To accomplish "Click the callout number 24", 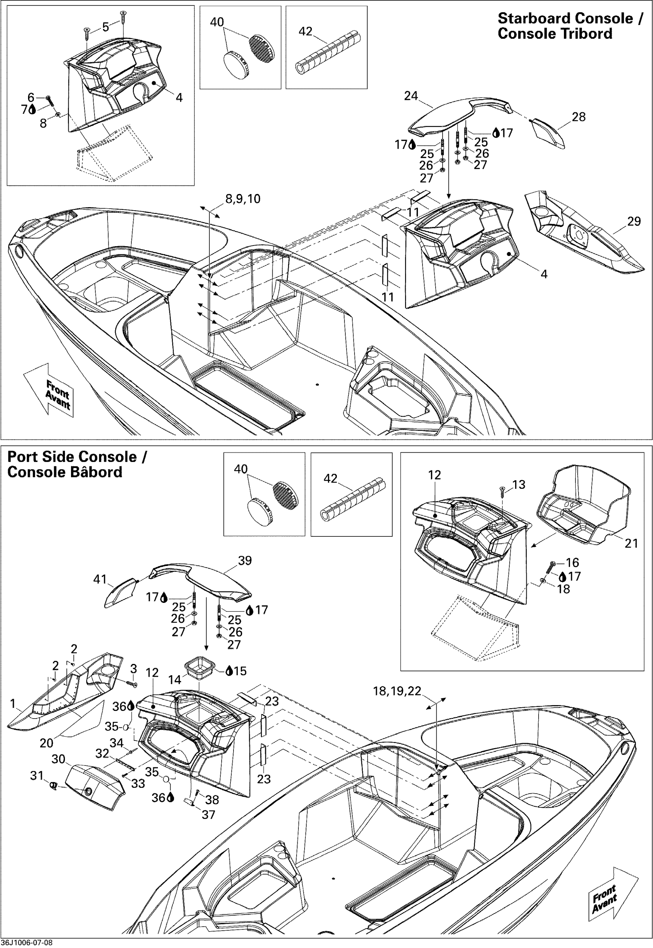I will pos(411,96).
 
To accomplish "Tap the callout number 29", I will pos(634,221).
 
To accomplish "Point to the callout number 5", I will pos(106,27).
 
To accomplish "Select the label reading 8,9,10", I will pos(243,199).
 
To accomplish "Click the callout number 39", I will pos(245,560).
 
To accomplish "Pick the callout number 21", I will pos(631,543).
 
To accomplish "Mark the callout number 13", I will pos(519,485).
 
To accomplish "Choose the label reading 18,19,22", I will pos(397,691).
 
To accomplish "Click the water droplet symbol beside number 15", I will pos(229,671).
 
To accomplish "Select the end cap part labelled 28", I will pos(548,134).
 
